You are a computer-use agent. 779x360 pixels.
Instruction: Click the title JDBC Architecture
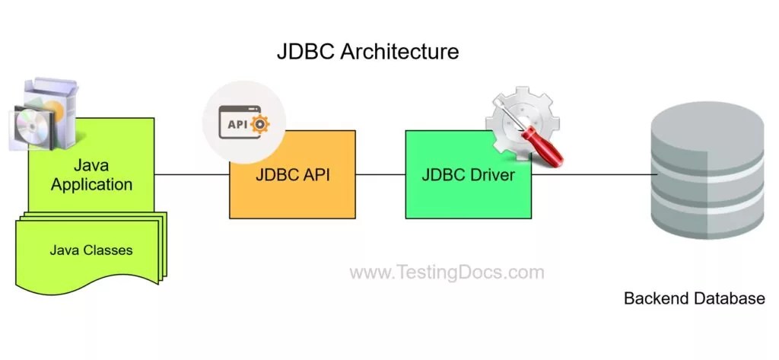click(x=367, y=52)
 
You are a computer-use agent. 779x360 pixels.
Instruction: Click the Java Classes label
click(x=91, y=250)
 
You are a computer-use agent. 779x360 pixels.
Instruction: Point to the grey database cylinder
click(x=708, y=175)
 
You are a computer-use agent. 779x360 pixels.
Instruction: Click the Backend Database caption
click(x=694, y=298)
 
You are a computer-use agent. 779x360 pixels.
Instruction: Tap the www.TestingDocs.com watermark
click(x=447, y=272)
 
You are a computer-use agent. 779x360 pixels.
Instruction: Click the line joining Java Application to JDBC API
click(x=192, y=174)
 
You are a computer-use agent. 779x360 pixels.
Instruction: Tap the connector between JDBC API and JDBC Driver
click(x=380, y=174)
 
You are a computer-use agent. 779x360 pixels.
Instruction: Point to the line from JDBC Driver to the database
click(x=593, y=174)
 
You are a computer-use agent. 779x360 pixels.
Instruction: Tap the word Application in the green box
click(x=91, y=184)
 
